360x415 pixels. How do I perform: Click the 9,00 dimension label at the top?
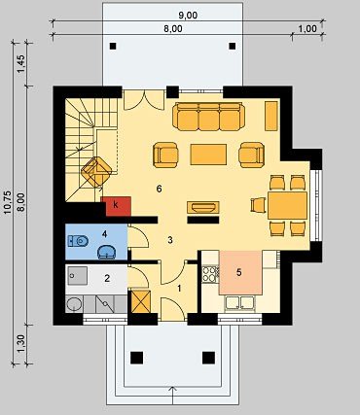188,16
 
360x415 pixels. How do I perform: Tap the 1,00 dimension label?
306,28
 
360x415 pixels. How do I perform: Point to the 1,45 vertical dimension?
20,64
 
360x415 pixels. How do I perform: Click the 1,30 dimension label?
20,344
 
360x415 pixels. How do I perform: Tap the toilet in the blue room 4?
78,241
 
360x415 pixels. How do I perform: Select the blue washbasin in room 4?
106,252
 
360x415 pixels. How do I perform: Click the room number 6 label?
159,189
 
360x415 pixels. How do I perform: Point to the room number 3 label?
170,240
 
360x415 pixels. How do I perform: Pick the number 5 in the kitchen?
239,272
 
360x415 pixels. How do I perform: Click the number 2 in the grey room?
107,278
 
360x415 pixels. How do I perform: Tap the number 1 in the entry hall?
179,288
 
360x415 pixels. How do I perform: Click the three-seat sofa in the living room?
209,117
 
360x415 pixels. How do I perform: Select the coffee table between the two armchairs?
208,155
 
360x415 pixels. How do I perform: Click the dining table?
287,205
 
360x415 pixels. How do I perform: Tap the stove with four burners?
210,273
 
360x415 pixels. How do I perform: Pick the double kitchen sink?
240,302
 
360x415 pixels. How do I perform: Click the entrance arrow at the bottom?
173,396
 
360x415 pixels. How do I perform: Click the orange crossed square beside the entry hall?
141,301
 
